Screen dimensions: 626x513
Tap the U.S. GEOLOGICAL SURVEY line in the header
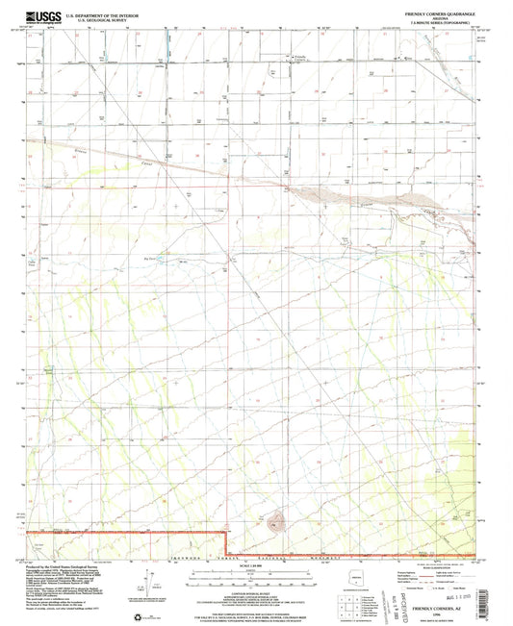click(94, 16)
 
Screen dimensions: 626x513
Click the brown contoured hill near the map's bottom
click(276, 524)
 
